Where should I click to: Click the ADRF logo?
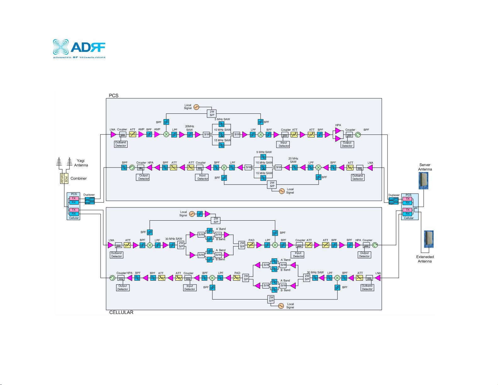coord(79,49)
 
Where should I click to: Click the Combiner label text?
coord(78,178)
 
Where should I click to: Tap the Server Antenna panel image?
coord(423,181)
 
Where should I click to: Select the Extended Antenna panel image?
coord(429,239)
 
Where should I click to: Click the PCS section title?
coord(113,95)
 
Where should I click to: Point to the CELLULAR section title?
coord(121,312)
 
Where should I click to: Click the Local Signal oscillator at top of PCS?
coord(196,107)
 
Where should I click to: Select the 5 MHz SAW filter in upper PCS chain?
coord(222,124)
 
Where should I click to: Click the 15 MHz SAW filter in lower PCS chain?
coord(263,178)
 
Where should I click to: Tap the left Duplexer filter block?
coord(90,201)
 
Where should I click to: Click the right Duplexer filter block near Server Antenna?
coord(393,201)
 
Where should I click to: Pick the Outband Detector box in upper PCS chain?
coord(121,144)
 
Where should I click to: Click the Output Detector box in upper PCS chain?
coord(347,144)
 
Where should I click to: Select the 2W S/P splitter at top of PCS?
coord(212,113)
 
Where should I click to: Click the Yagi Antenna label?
coord(81,163)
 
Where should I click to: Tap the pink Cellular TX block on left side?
coord(74,210)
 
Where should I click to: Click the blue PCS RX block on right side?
coord(408,203)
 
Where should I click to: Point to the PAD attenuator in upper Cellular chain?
coord(251,245)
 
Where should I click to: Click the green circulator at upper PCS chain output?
coord(358,135)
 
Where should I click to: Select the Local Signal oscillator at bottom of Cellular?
coord(281,306)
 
